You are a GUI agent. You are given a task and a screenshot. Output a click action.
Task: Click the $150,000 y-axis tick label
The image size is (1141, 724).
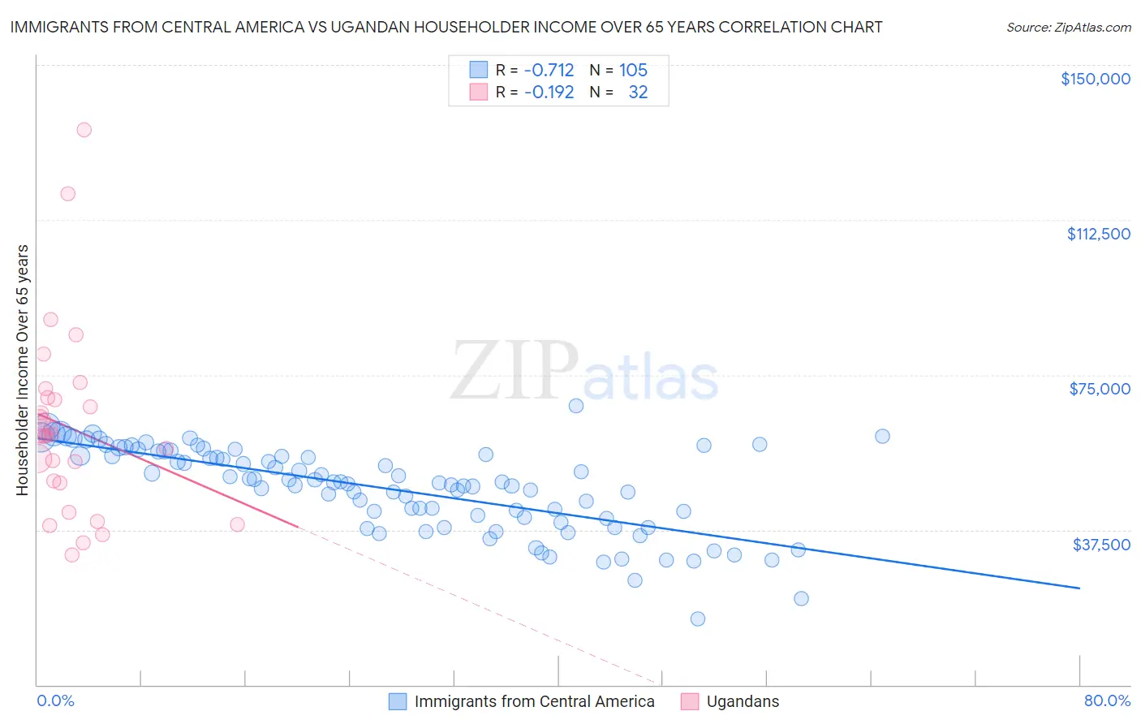point(1095,79)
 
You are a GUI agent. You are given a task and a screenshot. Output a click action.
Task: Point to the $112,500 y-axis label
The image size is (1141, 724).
point(1098,234)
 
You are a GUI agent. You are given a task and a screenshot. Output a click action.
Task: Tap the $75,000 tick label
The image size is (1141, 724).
point(1100,389)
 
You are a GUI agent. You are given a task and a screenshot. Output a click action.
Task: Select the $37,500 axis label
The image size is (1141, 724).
point(1101,545)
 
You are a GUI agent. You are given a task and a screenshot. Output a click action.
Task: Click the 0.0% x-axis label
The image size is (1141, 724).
point(55,700)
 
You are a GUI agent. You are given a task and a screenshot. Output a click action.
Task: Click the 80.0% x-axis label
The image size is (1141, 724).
point(1107,700)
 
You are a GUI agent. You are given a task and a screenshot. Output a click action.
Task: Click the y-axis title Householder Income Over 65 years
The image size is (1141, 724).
point(23,369)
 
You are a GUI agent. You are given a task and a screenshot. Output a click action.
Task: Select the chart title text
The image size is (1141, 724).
point(446,27)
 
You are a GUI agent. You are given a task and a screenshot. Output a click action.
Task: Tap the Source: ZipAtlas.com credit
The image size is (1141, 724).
point(1068,27)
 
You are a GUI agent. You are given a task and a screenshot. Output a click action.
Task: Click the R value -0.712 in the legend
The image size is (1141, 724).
point(549,70)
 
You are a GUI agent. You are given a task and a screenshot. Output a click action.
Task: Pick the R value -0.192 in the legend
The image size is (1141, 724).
point(549,92)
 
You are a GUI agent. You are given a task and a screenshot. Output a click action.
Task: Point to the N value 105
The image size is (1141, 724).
point(633,70)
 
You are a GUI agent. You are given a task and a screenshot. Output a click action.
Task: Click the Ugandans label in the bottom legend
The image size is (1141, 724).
point(742,701)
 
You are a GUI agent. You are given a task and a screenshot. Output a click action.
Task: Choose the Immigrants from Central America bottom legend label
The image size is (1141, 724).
point(534,701)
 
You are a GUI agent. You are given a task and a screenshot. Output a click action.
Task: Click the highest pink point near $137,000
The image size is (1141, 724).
point(84,130)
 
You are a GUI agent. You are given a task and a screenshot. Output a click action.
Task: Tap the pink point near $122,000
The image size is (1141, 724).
point(67,194)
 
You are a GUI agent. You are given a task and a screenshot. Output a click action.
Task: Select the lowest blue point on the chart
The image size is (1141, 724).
point(698,619)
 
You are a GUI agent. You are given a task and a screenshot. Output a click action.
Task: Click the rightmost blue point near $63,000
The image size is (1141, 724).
point(882,436)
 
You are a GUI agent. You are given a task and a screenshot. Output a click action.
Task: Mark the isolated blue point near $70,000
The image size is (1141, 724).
point(576,406)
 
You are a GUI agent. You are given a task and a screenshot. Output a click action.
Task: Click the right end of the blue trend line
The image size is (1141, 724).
point(1079,588)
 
